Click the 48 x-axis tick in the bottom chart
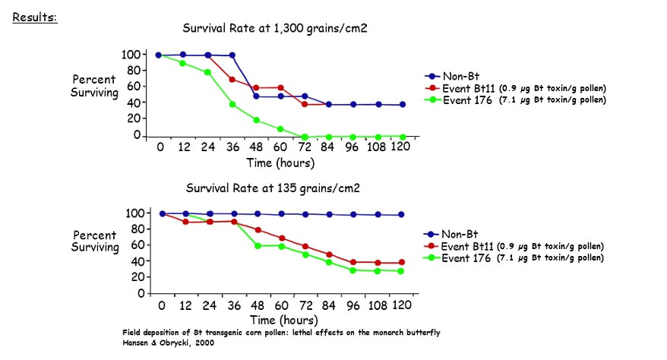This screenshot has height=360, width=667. (257, 305)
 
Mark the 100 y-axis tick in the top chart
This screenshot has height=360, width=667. (130, 55)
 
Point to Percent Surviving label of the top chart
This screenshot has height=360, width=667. (95, 87)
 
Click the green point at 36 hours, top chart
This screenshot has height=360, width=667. (232, 104)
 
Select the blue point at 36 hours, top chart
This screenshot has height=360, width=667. (232, 55)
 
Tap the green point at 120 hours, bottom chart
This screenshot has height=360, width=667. (403, 271)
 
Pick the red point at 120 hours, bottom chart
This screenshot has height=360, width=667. (403, 263)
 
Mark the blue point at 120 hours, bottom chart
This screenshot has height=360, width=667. (403, 215)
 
